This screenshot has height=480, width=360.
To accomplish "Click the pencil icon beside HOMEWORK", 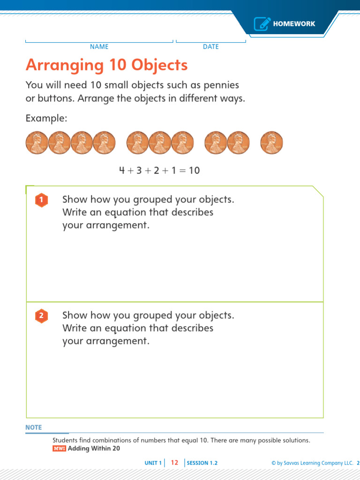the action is coord(262,23).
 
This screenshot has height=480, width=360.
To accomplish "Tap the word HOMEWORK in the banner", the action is coord(294,24).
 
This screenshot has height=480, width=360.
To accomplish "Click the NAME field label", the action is coord(99,46).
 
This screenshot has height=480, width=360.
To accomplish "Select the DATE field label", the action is coord(210,46).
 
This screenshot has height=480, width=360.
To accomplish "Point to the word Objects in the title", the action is coord(159,65).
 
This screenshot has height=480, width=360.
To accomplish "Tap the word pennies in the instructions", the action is coord(221,85).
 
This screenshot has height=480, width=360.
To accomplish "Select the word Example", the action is coord(46,119).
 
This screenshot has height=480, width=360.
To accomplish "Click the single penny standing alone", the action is coord(271,142).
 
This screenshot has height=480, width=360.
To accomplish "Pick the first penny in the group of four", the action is coord(37,142).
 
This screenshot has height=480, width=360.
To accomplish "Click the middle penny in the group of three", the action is coord(160,142).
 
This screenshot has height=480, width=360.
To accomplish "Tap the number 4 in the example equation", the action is coord(122,170).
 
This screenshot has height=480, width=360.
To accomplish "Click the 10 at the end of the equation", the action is coord(194,170).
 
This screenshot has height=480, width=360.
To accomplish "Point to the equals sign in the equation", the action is coord(182,171).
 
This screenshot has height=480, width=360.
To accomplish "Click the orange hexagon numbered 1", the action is coord(42,200).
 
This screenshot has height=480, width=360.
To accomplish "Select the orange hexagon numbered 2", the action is coord(42,316).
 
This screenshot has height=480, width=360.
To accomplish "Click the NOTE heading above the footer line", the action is coord(34,427).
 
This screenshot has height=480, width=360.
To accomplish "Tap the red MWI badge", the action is coord(59,449).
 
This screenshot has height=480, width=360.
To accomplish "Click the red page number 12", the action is coord(174,463).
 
